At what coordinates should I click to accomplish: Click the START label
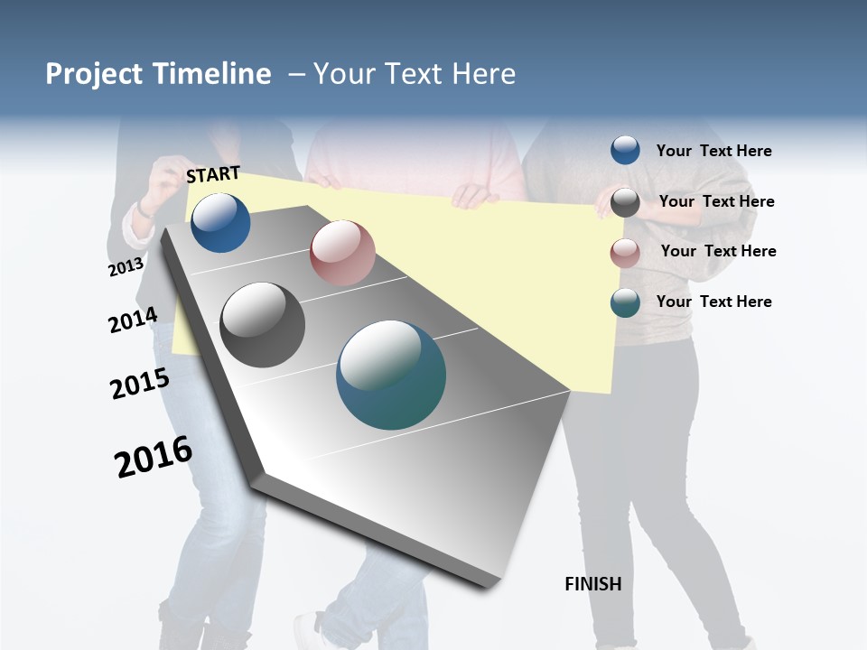[213, 174]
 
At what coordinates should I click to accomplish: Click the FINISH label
[593, 584]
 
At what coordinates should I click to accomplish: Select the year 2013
[126, 267]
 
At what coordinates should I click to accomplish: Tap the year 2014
[133, 320]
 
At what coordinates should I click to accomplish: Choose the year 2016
[154, 456]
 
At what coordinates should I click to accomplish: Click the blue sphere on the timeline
[220, 222]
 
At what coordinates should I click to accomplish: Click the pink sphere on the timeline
[342, 253]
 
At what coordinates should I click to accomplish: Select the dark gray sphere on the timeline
[263, 325]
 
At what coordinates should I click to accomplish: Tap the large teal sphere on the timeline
[391, 375]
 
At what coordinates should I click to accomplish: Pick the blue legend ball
[625, 150]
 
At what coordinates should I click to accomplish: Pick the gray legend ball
[625, 202]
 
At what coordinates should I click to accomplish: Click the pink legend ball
[625, 253]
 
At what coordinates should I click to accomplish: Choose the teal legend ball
[625, 302]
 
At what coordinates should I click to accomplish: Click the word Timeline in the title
[213, 74]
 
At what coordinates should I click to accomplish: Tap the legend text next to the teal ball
[713, 302]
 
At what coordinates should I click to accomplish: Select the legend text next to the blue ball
[713, 152]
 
